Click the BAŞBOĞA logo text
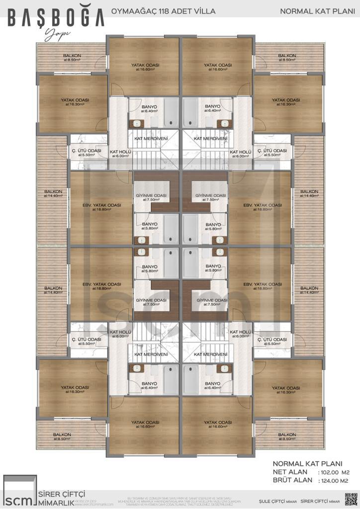point(56,18)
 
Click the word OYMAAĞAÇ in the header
point(129,10)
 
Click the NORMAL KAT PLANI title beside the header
point(314,10)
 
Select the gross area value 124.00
point(329,481)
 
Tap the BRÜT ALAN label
point(293,481)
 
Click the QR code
point(351,499)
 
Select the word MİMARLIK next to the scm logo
point(57,503)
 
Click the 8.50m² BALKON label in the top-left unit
point(72,58)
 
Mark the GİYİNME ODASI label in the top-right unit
point(212,198)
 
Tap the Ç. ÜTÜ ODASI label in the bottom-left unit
point(86,341)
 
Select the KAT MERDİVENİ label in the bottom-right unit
point(211,354)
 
